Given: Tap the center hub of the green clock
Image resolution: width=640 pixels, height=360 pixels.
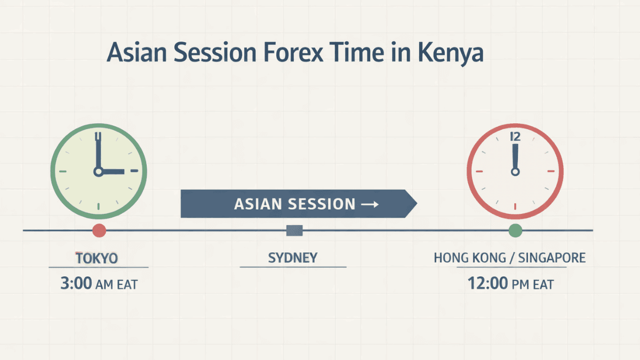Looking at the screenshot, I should [x=98, y=172].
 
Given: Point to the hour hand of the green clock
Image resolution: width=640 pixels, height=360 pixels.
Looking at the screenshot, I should [x=112, y=172].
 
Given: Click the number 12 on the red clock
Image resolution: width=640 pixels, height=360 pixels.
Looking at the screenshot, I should [x=515, y=137].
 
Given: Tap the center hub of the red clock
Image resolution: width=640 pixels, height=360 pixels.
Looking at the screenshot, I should [x=515, y=172].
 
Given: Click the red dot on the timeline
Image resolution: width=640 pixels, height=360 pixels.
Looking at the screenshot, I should [x=99, y=230].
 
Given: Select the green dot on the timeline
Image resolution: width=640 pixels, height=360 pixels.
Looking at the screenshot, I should [x=515, y=230].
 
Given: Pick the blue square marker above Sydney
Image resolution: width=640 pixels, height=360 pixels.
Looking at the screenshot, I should [x=294, y=230].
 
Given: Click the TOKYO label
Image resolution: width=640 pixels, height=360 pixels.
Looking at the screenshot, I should [x=97, y=259].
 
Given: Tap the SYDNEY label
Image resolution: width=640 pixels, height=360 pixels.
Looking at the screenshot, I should [x=292, y=258].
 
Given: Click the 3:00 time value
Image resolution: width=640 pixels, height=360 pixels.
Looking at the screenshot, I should [x=76, y=283].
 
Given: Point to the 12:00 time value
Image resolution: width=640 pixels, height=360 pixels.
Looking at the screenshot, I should [x=487, y=283].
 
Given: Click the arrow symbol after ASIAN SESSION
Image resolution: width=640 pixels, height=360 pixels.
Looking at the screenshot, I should [x=369, y=204].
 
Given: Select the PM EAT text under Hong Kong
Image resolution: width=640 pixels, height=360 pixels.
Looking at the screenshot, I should [x=532, y=284].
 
